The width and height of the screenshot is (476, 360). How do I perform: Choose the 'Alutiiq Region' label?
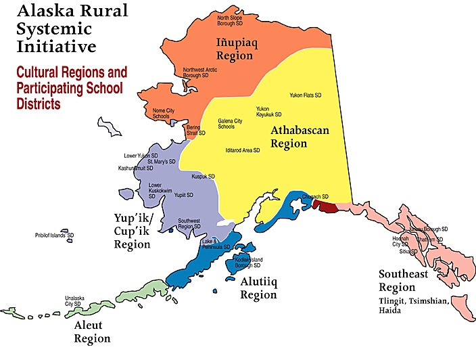(x=258, y=289)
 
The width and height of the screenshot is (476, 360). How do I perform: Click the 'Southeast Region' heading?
(x=406, y=281)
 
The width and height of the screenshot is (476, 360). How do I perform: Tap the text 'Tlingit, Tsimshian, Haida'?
(x=409, y=306)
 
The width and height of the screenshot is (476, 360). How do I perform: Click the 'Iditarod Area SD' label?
(x=243, y=150)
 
